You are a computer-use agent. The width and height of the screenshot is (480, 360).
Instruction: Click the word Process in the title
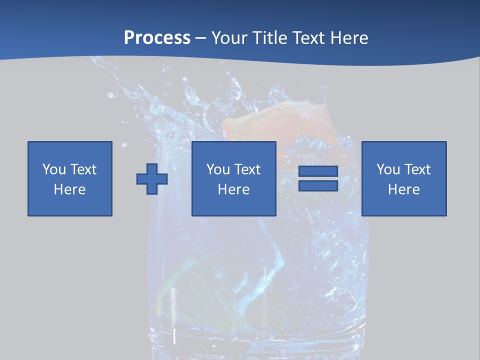click(157, 38)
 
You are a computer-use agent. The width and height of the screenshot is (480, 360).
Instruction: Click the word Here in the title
click(349, 38)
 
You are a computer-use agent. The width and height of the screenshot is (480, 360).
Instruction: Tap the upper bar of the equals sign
click(318, 171)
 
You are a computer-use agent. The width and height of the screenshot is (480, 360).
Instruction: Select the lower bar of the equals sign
click(318, 185)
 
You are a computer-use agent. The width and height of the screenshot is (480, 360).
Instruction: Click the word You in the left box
click(54, 169)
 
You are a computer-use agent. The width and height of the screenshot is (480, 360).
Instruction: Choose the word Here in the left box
click(70, 189)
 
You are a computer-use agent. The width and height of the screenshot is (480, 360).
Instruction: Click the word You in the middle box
click(218, 169)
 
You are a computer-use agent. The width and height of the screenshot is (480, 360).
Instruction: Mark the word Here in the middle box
click(234, 189)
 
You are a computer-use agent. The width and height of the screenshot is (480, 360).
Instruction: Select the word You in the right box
click(388, 169)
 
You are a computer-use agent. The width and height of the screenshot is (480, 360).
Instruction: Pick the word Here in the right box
click(404, 189)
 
